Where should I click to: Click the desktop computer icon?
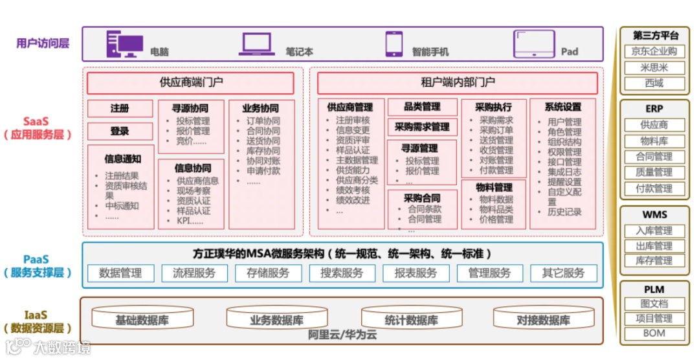(124, 43)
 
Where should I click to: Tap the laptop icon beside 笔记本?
(257, 43)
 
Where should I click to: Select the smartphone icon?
(394, 43)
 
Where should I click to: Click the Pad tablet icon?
(534, 44)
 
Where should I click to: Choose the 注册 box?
(120, 108)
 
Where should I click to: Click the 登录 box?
(120, 131)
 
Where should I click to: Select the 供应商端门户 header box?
(190, 83)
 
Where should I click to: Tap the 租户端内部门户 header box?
(457, 83)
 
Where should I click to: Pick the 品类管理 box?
(422, 107)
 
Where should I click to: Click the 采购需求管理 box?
(422, 127)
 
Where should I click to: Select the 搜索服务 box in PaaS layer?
(342, 273)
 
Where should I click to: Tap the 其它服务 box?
(563, 273)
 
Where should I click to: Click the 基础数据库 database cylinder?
(142, 319)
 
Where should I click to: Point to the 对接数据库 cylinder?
(542, 319)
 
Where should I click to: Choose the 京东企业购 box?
(654, 52)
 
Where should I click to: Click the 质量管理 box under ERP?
(654, 173)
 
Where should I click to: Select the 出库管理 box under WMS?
(654, 246)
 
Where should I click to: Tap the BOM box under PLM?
(654, 334)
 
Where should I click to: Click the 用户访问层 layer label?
(43, 44)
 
